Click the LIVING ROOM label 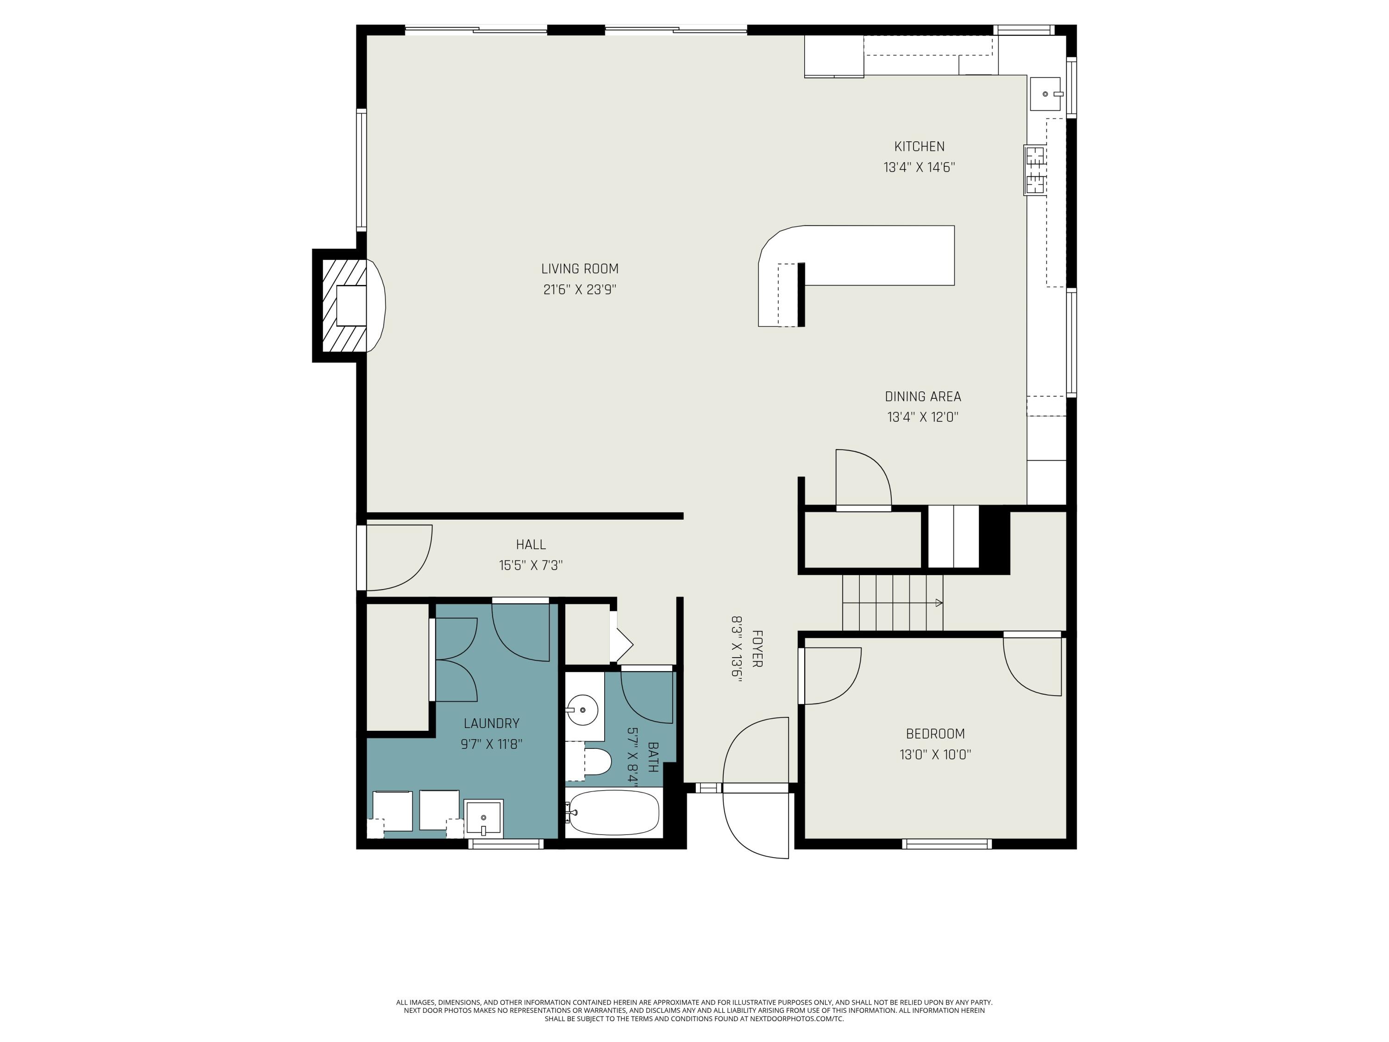click(x=580, y=269)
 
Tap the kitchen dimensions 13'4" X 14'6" click(x=920, y=168)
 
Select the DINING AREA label click(x=922, y=396)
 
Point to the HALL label click(x=531, y=545)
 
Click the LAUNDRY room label click(x=492, y=723)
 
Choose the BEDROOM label click(x=935, y=733)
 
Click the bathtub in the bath click(x=613, y=813)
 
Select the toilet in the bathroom click(x=596, y=762)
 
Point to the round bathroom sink click(x=582, y=710)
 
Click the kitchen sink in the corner click(x=1045, y=94)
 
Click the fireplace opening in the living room click(x=351, y=306)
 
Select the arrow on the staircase click(x=892, y=603)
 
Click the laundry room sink click(x=483, y=818)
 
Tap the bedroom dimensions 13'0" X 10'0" click(x=935, y=754)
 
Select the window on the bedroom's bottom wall click(x=947, y=843)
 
